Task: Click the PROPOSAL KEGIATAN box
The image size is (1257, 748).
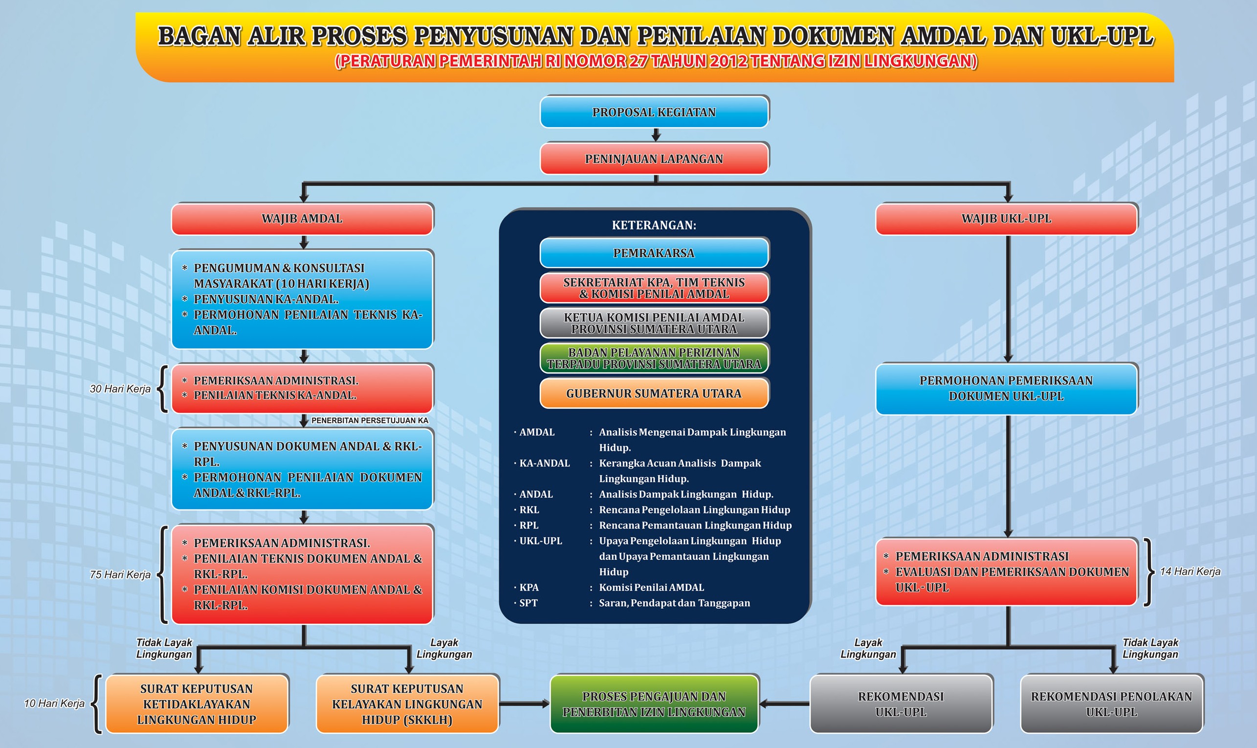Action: pos(654,111)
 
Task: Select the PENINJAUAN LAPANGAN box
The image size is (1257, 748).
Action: pos(654,158)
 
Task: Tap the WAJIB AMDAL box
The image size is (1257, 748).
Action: pos(303,219)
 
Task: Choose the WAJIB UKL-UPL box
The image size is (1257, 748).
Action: pos(1007,219)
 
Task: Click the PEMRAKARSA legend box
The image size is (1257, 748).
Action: pos(654,253)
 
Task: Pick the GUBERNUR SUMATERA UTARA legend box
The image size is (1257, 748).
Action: pos(654,393)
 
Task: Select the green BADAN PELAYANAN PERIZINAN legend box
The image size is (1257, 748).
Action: pos(654,358)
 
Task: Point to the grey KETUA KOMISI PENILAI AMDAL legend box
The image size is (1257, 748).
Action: pos(654,323)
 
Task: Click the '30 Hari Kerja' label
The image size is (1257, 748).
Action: pos(120,389)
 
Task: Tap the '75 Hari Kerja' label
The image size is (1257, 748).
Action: pos(120,574)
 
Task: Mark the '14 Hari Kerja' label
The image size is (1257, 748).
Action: pos(1190,571)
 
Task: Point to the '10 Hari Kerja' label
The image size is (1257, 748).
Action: pos(54,703)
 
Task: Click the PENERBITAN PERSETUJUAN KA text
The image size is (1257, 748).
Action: pos(370,420)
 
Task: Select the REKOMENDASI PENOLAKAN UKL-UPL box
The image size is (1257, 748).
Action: pos(1111,704)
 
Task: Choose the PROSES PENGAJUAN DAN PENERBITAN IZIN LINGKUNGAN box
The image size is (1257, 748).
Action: pos(654,704)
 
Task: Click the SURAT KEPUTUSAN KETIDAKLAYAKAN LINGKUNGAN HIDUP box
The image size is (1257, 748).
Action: pos(197,704)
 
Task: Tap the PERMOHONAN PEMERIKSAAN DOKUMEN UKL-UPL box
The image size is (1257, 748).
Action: pos(1007,389)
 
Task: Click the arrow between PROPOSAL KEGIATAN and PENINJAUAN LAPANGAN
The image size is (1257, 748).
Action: pos(656,135)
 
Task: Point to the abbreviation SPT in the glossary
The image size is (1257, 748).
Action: pos(528,603)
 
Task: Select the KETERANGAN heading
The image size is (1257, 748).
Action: pos(654,225)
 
